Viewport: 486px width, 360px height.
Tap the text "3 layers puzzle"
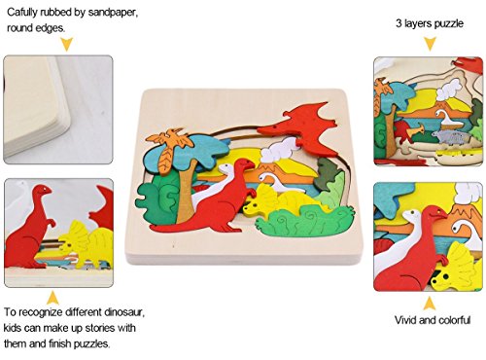coord(430,23)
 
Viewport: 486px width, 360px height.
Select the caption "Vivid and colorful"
coord(433,320)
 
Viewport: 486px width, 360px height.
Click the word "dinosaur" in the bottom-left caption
coord(124,312)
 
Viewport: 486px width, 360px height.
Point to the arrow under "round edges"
coord(67,44)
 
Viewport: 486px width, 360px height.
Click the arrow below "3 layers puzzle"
coord(430,44)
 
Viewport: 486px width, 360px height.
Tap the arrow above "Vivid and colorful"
coord(430,304)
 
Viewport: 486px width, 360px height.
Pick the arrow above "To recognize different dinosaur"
coord(53,298)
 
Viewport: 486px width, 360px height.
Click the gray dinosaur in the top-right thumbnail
coord(451,137)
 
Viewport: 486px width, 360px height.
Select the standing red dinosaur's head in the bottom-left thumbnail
coord(42,191)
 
